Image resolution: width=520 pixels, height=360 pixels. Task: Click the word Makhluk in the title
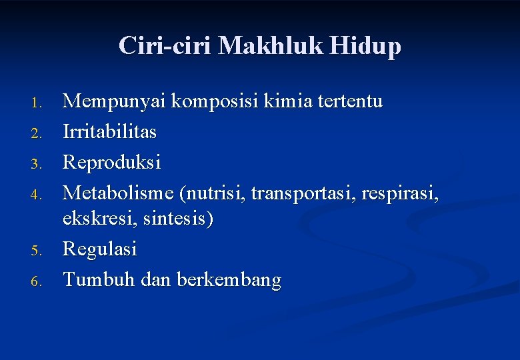click(x=273, y=45)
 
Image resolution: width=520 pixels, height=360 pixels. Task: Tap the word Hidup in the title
click(x=368, y=45)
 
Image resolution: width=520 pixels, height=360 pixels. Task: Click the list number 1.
click(x=37, y=103)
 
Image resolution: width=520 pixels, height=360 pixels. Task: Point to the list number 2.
click(x=37, y=134)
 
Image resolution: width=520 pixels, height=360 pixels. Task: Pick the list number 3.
click(x=37, y=163)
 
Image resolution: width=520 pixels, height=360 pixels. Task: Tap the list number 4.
click(x=37, y=195)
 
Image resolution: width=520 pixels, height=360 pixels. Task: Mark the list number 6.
click(x=37, y=282)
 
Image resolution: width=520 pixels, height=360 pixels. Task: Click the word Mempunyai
click(x=115, y=102)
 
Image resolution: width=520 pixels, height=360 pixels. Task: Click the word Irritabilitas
click(x=110, y=132)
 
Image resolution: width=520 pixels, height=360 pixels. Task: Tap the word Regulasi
click(x=100, y=250)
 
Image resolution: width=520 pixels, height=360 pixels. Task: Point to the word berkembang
click(x=229, y=281)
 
